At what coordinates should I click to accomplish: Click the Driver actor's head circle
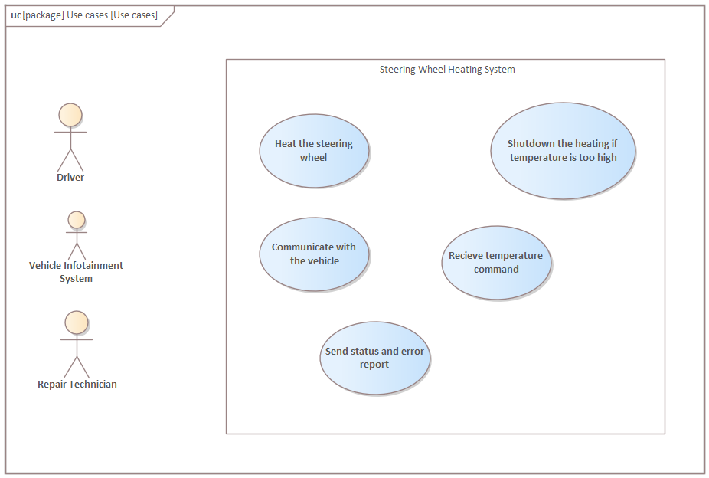[x=70, y=115]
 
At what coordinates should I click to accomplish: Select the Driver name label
[x=70, y=178]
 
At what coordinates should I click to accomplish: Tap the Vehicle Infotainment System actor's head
[x=76, y=220]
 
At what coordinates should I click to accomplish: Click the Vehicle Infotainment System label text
[x=76, y=272]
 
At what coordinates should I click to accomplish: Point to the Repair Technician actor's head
[x=77, y=322]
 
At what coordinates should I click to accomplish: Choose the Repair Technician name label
[x=77, y=385]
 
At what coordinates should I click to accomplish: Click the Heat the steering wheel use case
[x=314, y=150]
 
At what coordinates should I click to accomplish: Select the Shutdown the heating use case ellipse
[x=563, y=151]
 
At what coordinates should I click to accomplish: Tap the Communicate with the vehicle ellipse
[x=314, y=254]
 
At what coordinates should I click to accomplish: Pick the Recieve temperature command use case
[x=496, y=262]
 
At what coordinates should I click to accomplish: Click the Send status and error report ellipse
[x=374, y=358]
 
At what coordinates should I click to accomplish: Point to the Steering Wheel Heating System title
[x=447, y=70]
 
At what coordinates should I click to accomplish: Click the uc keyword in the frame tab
[x=16, y=15]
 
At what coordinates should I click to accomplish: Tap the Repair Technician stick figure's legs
[x=77, y=367]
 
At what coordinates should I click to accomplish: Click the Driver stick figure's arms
[x=70, y=132]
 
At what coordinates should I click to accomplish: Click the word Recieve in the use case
[x=466, y=256]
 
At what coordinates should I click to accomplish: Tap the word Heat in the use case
[x=285, y=144]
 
